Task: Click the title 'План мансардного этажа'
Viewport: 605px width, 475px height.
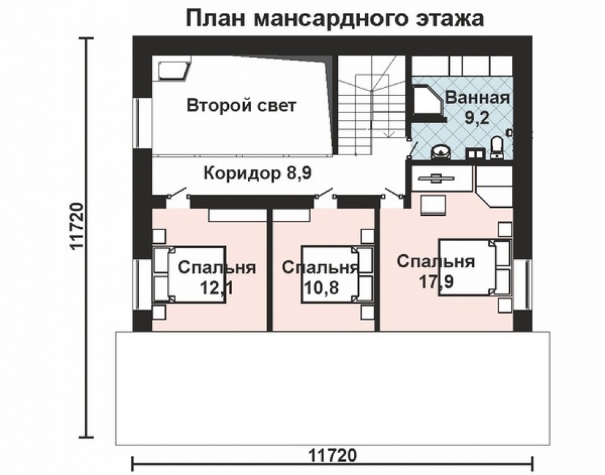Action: (335, 18)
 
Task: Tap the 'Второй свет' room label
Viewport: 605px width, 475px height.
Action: (241, 105)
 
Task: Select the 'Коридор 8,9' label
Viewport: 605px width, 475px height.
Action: (257, 173)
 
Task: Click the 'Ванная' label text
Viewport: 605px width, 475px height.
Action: (477, 98)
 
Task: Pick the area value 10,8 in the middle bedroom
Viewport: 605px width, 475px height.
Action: (321, 288)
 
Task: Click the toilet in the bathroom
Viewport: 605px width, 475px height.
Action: (496, 148)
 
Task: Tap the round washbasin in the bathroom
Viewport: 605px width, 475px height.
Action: (440, 150)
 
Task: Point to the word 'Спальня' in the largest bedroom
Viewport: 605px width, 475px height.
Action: (436, 261)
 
